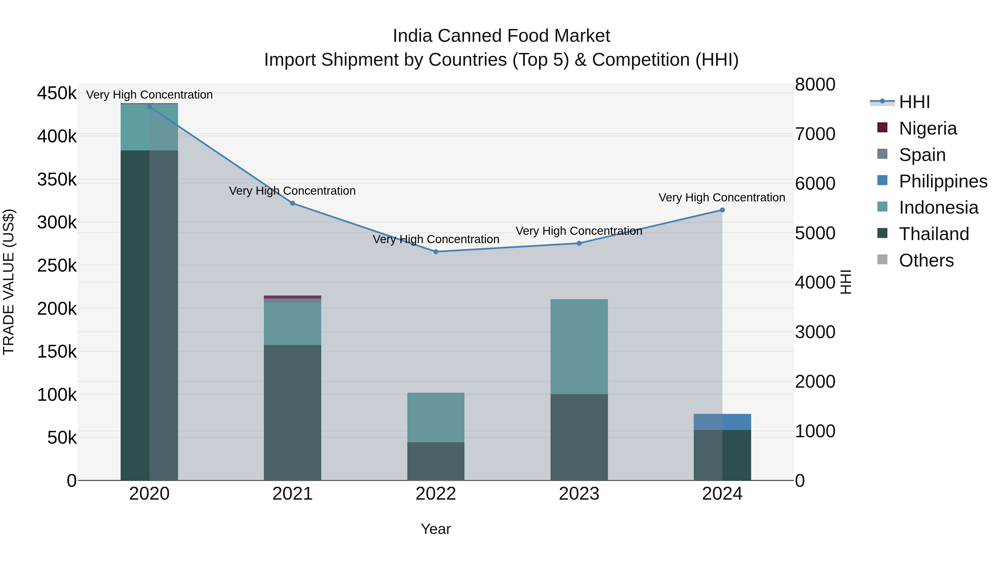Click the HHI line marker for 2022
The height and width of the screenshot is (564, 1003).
(436, 252)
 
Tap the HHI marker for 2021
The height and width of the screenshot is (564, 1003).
(293, 203)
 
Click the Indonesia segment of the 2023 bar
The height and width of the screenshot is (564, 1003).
(579, 346)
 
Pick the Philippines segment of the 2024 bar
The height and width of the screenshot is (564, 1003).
(722, 422)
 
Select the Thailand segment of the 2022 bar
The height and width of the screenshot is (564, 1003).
(436, 461)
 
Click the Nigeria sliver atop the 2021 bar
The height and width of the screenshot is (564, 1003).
(293, 297)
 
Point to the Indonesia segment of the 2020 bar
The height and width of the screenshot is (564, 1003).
(149, 127)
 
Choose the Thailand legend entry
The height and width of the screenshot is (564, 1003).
(934, 234)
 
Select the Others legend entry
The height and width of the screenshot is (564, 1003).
(926, 260)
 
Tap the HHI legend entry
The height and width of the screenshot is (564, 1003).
(914, 102)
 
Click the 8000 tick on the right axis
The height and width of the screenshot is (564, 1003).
(815, 84)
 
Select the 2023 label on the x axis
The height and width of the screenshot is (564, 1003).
(579, 494)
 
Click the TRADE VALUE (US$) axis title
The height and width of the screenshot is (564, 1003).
(9, 282)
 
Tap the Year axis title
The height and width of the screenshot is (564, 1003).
(436, 529)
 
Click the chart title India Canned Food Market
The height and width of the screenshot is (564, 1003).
(501, 36)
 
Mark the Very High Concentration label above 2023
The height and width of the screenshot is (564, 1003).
(579, 231)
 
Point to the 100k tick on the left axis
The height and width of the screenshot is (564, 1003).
(57, 395)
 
